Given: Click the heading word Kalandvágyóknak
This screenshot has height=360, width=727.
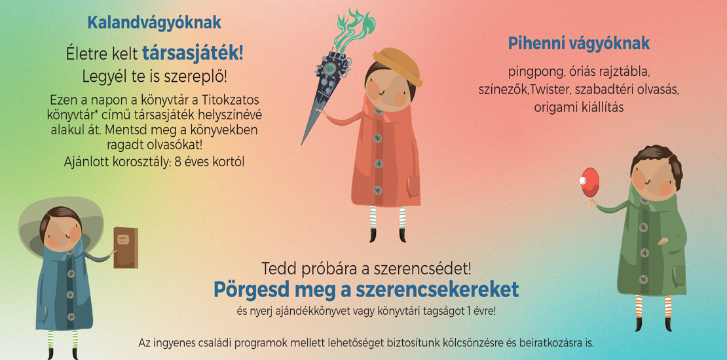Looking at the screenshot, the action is (154, 23).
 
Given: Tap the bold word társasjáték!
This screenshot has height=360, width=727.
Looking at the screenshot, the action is (193, 54).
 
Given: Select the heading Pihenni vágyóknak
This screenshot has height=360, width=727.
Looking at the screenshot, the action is (578, 44).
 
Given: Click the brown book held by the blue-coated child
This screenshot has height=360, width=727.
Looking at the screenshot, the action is (126, 247).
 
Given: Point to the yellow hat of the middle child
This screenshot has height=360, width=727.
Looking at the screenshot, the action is (398, 66).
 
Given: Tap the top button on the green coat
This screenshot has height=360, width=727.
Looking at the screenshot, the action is (644, 227).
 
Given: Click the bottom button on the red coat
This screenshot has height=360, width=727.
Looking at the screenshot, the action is (378, 190).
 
